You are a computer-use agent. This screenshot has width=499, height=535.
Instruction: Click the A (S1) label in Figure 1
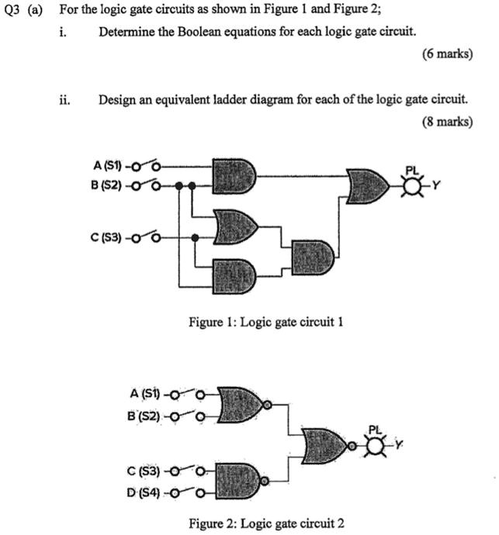[104, 165]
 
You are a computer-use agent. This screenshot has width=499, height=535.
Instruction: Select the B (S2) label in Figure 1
[104, 186]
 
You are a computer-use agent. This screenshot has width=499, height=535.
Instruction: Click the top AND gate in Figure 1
[235, 175]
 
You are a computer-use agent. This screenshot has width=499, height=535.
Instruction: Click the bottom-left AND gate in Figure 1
[235, 274]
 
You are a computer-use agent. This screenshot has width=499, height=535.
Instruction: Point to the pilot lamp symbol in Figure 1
[418, 185]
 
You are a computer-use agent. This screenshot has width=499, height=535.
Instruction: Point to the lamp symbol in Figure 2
[376, 445]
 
